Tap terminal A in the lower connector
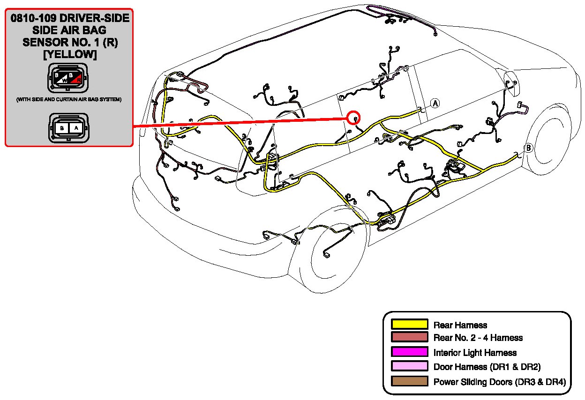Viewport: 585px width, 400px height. pos(77,127)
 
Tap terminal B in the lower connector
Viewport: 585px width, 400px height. pos(61,127)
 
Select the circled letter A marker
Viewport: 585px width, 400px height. pos(435,104)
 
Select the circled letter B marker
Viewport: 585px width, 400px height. pos(528,148)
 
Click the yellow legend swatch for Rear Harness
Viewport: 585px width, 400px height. pos(410,324)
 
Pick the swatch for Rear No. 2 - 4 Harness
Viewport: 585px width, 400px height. pos(410,337)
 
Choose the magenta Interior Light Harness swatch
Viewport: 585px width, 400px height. pos(410,352)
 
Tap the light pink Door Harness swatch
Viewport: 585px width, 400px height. pos(410,366)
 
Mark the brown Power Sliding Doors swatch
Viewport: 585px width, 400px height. pos(410,381)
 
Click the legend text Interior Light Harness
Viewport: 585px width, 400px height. pos(475,352)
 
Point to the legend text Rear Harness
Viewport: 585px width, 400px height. pos(460,325)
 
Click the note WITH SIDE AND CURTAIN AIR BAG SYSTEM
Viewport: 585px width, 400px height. pos(69,100)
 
